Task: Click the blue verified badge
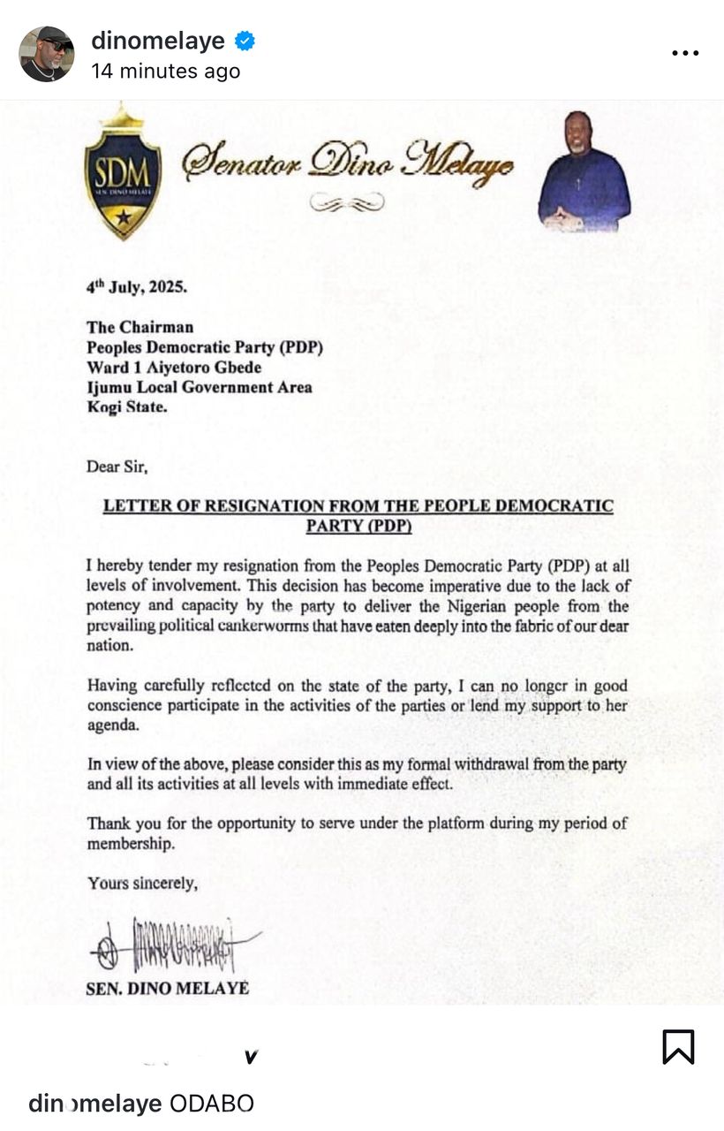coord(245,40)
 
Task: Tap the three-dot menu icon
coord(685,53)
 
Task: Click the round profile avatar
coord(47,54)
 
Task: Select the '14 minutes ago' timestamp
coord(166,72)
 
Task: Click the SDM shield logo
coord(123,173)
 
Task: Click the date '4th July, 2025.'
coord(137,287)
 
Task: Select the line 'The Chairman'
coord(140,328)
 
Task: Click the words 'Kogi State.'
coord(126,407)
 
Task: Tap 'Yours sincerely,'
coord(142,882)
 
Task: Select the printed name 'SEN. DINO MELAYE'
coord(167,989)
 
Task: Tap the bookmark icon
coord(678,1047)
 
